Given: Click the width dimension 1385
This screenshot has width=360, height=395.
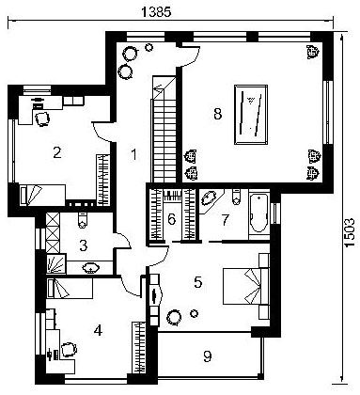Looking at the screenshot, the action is tap(156, 12).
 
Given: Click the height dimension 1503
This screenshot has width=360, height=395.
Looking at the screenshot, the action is tap(350, 232).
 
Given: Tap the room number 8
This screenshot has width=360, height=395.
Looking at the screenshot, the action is tap(218, 114).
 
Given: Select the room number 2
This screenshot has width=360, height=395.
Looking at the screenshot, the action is tap(57, 152).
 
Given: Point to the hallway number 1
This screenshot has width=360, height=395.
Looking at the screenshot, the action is tap(134, 154).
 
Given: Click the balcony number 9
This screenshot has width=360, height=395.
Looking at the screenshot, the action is tap(207, 356).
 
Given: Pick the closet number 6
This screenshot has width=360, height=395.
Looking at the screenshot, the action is tap(171, 219).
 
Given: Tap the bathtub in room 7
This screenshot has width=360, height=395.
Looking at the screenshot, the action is tap(259, 213).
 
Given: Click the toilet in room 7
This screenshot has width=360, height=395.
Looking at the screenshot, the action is tap(236, 197).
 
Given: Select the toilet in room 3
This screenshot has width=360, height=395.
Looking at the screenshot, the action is tap(82, 220).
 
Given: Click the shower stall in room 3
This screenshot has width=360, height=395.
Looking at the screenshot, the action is tap(56, 264).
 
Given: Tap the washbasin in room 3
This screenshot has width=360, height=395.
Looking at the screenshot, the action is tap(91, 267).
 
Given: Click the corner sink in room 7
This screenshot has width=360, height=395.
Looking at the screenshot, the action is tap(209, 198).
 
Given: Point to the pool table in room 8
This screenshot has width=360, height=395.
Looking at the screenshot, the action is tap(251, 115).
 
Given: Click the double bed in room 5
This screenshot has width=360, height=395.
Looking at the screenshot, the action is tap(246, 286).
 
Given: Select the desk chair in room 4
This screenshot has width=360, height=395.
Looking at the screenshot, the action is tap(69, 350).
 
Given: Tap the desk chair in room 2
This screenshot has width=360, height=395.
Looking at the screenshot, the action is tap(42, 118).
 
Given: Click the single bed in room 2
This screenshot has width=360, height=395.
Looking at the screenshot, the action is tap(42, 195).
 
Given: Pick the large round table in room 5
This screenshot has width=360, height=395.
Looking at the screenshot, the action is tap(174, 318).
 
